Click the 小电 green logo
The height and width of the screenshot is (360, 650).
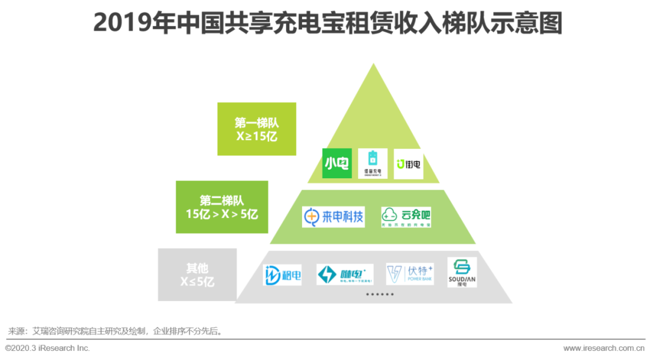(x=336, y=163)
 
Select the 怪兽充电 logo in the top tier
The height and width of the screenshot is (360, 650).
(x=373, y=163)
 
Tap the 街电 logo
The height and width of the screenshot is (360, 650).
(x=409, y=164)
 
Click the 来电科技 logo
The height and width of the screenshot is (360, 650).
(x=333, y=217)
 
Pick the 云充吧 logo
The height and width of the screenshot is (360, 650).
(x=406, y=217)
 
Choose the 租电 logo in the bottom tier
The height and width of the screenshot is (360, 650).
(x=282, y=275)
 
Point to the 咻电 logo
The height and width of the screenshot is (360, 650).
(x=345, y=275)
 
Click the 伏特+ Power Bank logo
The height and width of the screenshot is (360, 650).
(x=410, y=274)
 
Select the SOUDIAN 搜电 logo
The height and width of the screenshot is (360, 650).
(x=462, y=272)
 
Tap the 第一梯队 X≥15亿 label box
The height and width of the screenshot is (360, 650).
(x=257, y=129)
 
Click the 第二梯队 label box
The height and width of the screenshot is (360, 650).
(x=222, y=206)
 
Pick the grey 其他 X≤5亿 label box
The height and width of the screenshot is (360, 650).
(x=197, y=275)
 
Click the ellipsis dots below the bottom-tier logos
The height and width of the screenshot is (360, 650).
(x=380, y=294)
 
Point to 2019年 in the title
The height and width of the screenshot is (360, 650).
(x=121, y=23)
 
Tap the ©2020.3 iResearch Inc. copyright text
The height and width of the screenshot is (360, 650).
(x=48, y=348)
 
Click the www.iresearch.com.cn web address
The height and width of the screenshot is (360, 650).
(x=604, y=348)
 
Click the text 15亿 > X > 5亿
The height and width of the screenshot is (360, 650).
(x=222, y=214)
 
